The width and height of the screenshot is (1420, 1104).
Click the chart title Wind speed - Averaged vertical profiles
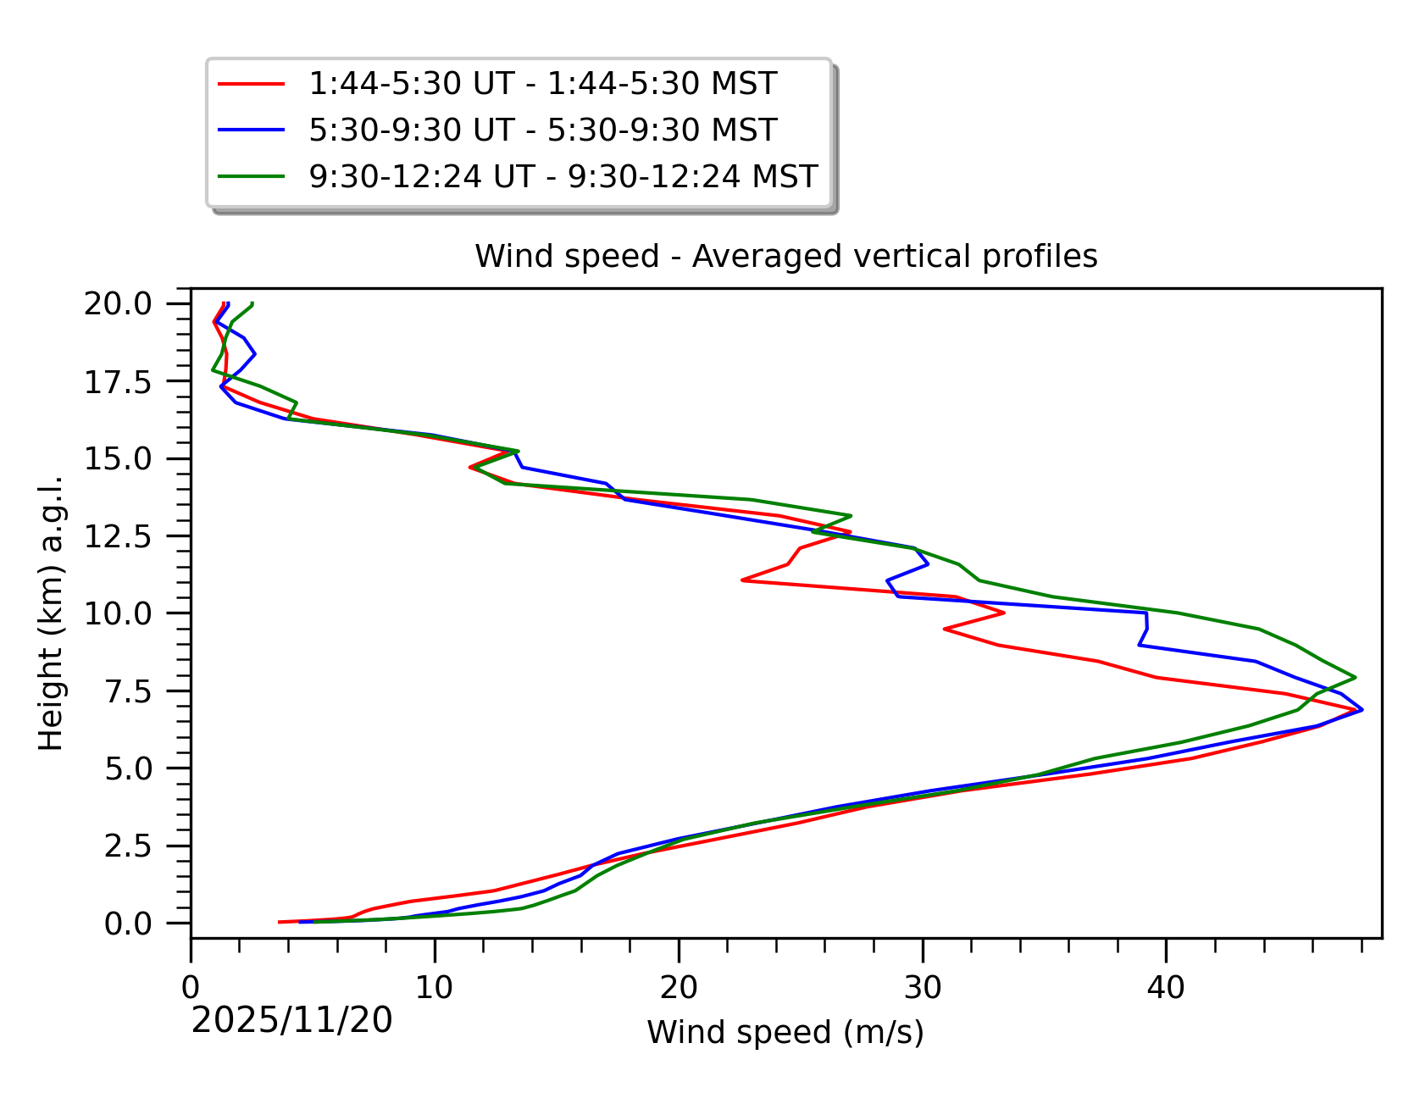click(x=785, y=256)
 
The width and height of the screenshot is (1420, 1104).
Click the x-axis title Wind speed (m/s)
click(x=785, y=1032)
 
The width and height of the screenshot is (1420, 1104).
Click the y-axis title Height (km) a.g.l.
click(x=51, y=613)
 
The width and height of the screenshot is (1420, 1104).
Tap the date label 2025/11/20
click(x=291, y=1020)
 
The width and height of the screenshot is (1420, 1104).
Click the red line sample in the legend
click(x=252, y=84)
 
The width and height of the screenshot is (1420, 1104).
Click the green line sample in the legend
click(x=252, y=176)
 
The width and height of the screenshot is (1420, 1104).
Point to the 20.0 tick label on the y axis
click(x=129, y=303)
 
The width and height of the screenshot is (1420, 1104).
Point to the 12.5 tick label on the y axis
click(x=129, y=536)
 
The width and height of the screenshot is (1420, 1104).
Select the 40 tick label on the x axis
click(x=1166, y=987)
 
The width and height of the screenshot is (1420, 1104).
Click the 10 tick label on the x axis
click(x=435, y=987)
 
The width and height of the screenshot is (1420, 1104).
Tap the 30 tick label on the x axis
click(x=922, y=987)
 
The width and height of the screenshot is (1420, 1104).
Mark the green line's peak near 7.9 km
click(x=1355, y=677)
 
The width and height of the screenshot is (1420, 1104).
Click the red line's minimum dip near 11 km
click(x=743, y=580)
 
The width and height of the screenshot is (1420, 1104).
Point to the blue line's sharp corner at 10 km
click(x=1146, y=613)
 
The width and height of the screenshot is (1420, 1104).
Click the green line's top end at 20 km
click(x=252, y=303)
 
